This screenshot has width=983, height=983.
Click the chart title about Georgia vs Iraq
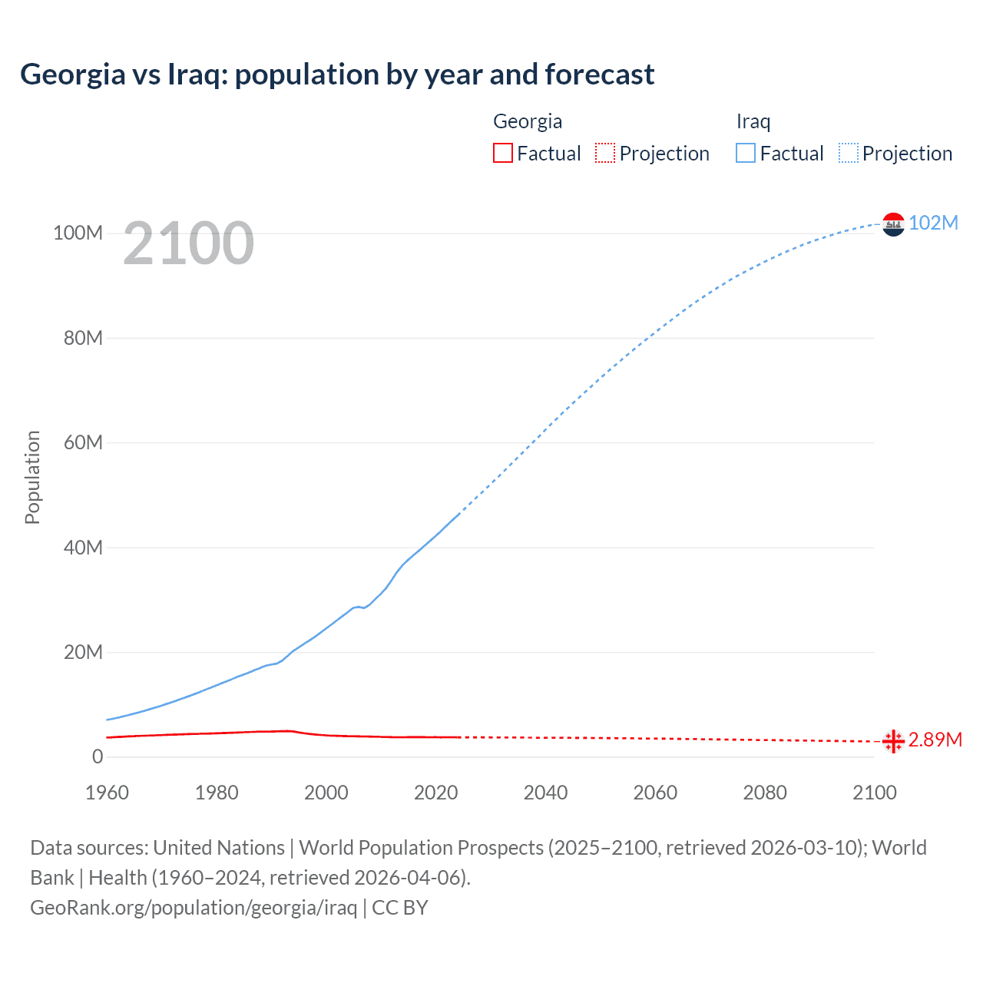[x=337, y=74]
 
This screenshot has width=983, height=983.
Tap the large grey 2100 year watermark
[x=188, y=243]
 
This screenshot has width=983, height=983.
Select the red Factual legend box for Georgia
[x=503, y=154]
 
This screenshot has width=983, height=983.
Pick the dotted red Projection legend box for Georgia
[x=605, y=154]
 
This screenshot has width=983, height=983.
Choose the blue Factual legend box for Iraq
[x=746, y=154]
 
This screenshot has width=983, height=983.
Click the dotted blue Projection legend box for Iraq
[x=849, y=154]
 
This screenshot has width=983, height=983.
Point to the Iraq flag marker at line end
[x=893, y=224]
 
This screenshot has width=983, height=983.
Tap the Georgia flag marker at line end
[x=893, y=741]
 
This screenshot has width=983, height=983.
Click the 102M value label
[x=933, y=223]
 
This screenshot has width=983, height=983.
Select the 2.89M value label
[x=935, y=740]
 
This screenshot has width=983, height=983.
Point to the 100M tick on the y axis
[x=78, y=233]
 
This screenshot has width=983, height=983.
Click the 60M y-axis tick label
[x=82, y=442]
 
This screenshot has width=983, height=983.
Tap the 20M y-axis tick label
[x=82, y=652]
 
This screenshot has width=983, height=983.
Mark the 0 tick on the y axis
[x=98, y=756]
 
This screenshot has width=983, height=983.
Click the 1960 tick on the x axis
[x=107, y=793]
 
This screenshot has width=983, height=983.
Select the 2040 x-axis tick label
[x=545, y=793]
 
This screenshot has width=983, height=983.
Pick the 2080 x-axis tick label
[x=765, y=793]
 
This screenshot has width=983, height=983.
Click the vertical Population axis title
[x=32, y=477]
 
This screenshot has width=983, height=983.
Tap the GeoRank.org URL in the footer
[x=194, y=908]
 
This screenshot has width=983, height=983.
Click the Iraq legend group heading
[x=753, y=121]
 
